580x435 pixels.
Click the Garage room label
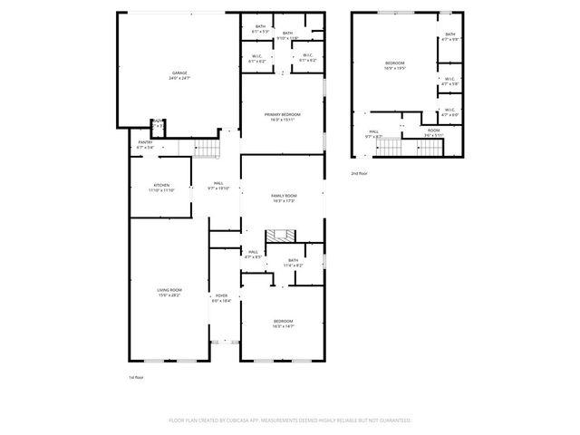tap(179, 75)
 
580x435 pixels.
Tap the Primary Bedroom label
tap(282, 116)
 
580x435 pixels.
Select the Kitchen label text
tap(161, 188)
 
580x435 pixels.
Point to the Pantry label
tap(145, 144)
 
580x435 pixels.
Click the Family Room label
tap(284, 198)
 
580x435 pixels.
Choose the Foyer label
tap(222, 298)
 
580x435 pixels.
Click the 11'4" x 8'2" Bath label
tap(293, 263)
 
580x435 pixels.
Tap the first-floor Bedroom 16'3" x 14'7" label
tap(283, 324)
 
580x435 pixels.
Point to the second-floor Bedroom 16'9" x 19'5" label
tap(395, 65)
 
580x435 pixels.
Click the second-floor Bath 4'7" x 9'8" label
tap(450, 38)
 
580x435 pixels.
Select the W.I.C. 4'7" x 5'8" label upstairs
tap(450, 81)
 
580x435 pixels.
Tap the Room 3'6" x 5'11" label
tap(434, 132)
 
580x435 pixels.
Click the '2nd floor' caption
tap(360, 172)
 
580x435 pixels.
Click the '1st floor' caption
tap(137, 376)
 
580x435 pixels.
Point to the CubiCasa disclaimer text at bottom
tap(290, 420)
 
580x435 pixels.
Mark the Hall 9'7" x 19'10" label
tap(218, 186)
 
